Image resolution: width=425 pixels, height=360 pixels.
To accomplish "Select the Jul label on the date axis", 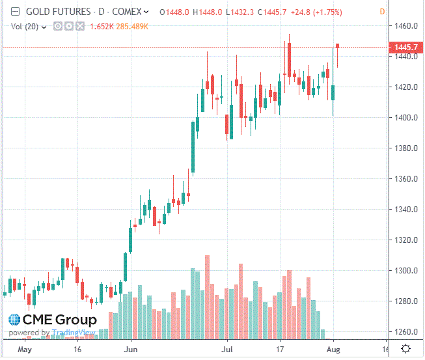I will pyautogui.click(x=227, y=349).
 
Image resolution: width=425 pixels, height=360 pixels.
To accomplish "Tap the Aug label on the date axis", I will pyautogui.click(x=333, y=349).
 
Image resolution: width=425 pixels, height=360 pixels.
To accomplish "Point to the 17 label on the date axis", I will pyautogui.click(x=281, y=349).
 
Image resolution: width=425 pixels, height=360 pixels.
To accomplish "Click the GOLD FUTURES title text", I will pyautogui.click(x=57, y=12).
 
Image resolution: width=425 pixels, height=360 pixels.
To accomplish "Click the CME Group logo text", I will pyautogui.click(x=59, y=320).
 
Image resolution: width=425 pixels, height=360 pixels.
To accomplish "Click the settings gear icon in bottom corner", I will pyautogui.click(x=405, y=349).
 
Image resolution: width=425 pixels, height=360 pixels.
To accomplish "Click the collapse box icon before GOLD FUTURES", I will pyautogui.click(x=14, y=12).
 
